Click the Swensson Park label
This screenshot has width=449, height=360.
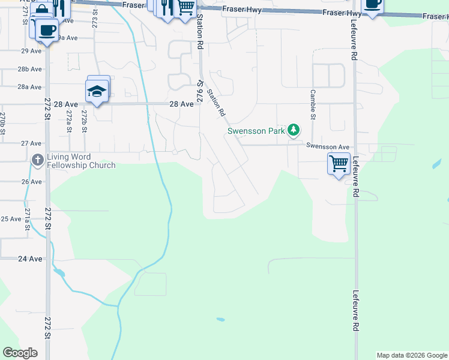(x=256, y=131)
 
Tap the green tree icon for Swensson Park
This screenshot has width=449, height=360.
(x=294, y=130)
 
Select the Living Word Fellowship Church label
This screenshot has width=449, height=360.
(x=80, y=161)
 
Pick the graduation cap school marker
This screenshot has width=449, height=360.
(x=97, y=91)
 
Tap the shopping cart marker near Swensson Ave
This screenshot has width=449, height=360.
(x=339, y=163)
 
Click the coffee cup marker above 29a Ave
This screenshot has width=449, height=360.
(x=47, y=29)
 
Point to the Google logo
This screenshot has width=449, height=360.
(x=20, y=353)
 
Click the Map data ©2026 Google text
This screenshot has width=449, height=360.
(x=412, y=355)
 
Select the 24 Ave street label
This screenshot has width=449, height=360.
(x=30, y=259)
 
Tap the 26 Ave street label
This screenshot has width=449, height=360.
(x=31, y=181)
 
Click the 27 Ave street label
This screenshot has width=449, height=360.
(x=31, y=143)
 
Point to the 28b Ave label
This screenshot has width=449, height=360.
(x=29, y=69)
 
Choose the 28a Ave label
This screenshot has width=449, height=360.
(x=29, y=87)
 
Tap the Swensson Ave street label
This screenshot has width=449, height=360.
(x=327, y=146)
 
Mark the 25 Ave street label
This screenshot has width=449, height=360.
(x=11, y=219)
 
